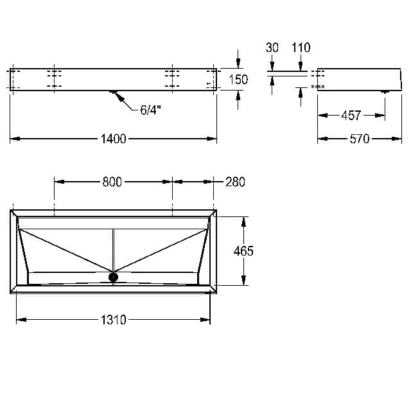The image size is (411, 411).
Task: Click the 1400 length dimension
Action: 113,139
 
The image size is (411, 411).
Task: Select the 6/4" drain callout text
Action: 150,110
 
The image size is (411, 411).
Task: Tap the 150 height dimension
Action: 238,80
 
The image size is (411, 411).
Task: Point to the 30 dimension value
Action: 272,48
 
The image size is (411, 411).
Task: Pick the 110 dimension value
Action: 301,48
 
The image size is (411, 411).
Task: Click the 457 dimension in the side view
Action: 351,116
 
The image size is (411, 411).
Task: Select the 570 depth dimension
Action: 360,139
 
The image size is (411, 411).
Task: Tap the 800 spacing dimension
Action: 112,182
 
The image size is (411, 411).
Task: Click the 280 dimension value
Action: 236,182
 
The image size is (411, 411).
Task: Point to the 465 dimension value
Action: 243,251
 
